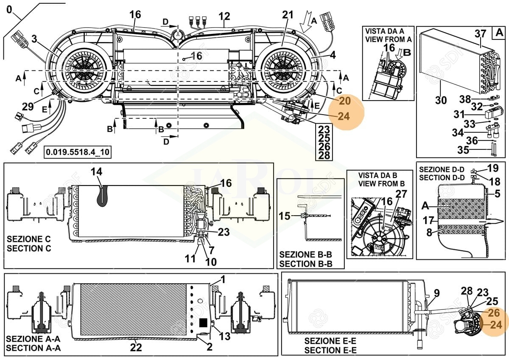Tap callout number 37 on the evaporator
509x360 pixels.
pyautogui.click(x=480, y=33)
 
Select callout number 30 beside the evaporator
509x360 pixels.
pyautogui.click(x=441, y=100)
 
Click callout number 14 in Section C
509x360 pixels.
pyautogui.click(x=97, y=172)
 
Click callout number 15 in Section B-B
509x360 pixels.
pyautogui.click(x=285, y=216)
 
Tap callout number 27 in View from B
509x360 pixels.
pyautogui.click(x=401, y=194)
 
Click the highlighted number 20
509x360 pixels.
pyautogui.click(x=345, y=101)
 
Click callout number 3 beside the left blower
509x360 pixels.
pyautogui.click(x=34, y=39)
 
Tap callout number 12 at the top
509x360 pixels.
pyautogui.click(x=224, y=17)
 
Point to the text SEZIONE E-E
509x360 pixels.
pyautogui.click(x=330, y=341)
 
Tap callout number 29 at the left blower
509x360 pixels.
pyautogui.click(x=28, y=107)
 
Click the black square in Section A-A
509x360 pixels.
pyautogui.click(x=203, y=322)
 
